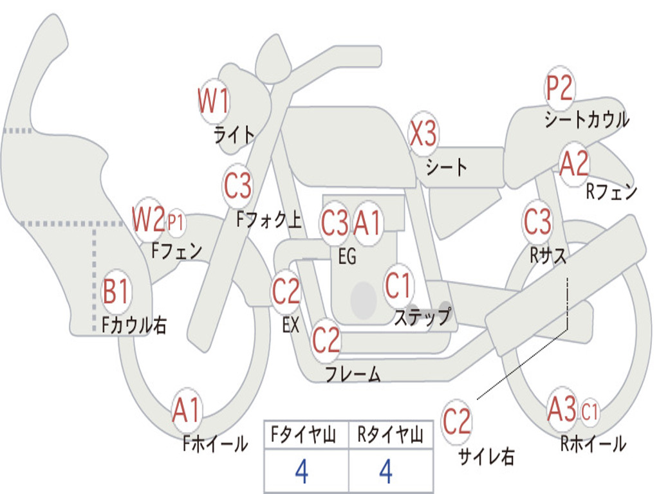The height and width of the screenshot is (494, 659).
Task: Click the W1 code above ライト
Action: tap(214, 101)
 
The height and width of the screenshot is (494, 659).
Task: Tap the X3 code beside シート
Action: tap(423, 134)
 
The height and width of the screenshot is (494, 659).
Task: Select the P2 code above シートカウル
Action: tap(559, 88)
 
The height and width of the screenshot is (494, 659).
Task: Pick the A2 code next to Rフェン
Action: tap(574, 164)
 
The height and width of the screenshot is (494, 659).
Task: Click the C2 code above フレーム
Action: tap(326, 340)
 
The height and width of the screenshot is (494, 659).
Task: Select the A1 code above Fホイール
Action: tap(187, 410)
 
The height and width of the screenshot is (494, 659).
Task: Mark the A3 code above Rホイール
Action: tap(562, 410)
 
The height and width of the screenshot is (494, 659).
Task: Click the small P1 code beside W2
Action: tap(176, 223)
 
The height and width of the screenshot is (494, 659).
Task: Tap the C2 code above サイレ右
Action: tap(457, 421)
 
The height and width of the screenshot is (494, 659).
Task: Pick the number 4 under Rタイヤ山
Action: tap(386, 472)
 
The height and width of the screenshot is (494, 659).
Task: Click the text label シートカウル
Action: tap(586, 120)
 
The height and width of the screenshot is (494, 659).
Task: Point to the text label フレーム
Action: tap(353, 374)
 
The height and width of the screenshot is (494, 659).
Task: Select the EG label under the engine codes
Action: tap(347, 257)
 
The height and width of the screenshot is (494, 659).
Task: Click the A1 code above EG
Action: tap(367, 223)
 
